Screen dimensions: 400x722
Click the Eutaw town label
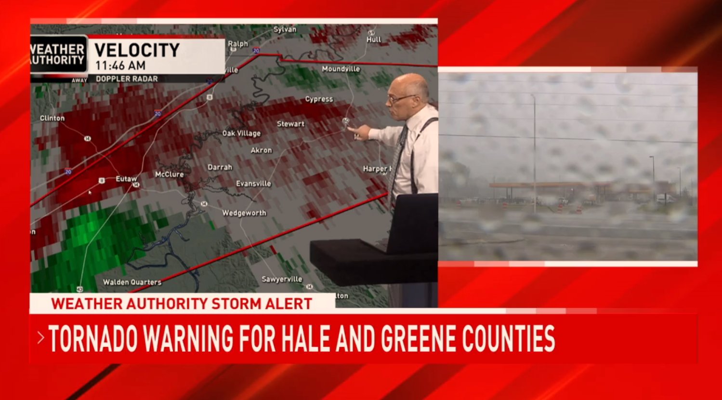click(x=126, y=179)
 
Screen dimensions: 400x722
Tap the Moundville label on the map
click(x=341, y=69)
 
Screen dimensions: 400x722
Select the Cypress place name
click(x=319, y=99)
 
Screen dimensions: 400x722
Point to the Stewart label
click(x=290, y=124)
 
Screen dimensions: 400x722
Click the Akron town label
click(x=261, y=150)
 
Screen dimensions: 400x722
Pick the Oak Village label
click(x=241, y=133)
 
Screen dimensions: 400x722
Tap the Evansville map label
click(x=253, y=184)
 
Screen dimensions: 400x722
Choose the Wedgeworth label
click(x=244, y=213)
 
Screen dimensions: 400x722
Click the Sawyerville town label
click(x=282, y=279)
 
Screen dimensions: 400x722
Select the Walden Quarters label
click(x=132, y=282)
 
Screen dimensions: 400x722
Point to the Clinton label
click(x=52, y=118)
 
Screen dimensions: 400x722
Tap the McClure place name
click(x=169, y=174)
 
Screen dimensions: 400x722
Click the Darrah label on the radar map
click(x=220, y=167)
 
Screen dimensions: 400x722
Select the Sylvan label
click(x=285, y=29)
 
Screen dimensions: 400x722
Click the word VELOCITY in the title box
click(x=137, y=50)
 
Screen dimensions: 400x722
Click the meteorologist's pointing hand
click(x=357, y=131)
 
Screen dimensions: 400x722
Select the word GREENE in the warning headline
click(x=419, y=338)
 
